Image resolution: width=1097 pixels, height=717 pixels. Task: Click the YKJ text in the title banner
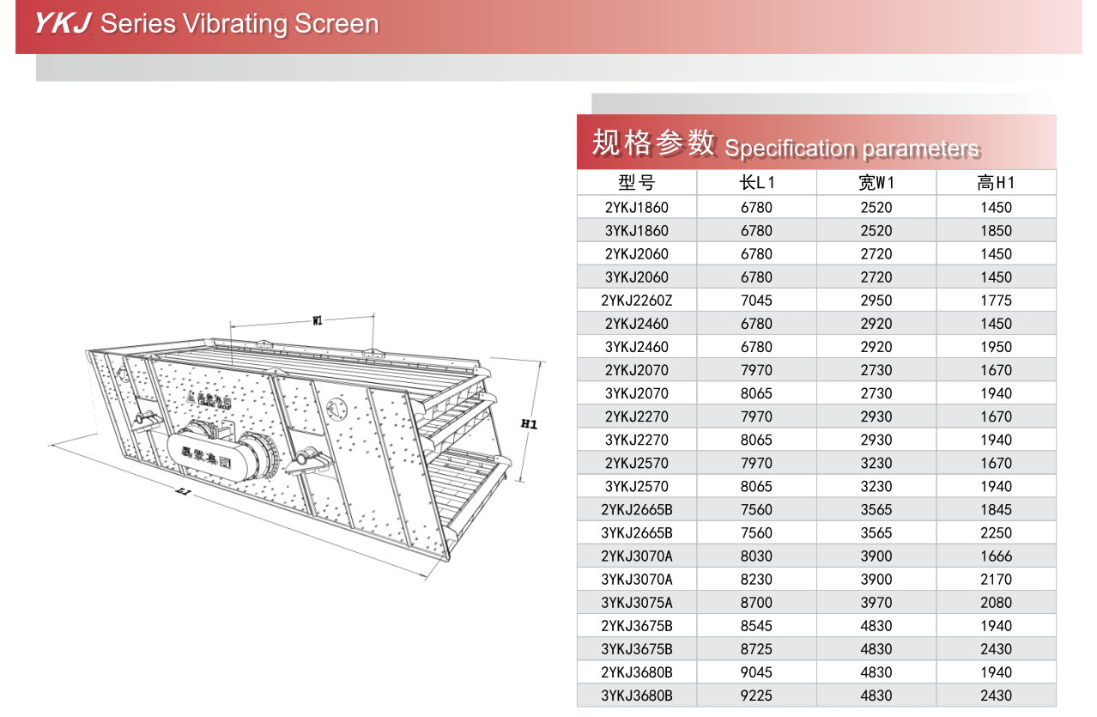pyautogui.click(x=62, y=23)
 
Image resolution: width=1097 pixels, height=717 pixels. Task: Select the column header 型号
pyautogui.click(x=636, y=182)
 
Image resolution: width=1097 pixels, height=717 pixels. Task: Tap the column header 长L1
pyautogui.click(x=756, y=182)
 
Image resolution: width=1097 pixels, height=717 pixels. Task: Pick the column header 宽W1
pyautogui.click(x=876, y=182)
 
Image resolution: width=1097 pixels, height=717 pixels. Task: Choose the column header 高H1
pyautogui.click(x=996, y=182)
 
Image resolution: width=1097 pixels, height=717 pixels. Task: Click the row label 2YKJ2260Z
pyautogui.click(x=636, y=301)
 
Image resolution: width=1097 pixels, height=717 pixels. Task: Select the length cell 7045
pyautogui.click(x=756, y=301)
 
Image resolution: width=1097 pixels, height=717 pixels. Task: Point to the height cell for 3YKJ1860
pyautogui.click(x=996, y=231)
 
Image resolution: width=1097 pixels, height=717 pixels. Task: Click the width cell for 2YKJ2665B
pyautogui.click(x=876, y=509)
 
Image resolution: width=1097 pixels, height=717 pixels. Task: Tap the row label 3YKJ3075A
pyautogui.click(x=636, y=602)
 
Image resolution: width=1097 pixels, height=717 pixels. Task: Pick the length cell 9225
pyautogui.click(x=756, y=696)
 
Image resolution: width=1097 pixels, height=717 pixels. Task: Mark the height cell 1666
pyautogui.click(x=996, y=556)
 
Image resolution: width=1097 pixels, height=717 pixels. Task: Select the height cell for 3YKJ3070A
pyautogui.click(x=996, y=579)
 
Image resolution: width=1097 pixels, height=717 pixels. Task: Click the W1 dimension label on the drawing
pyautogui.click(x=317, y=320)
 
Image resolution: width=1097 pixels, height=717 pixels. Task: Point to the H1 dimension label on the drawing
pyautogui.click(x=529, y=423)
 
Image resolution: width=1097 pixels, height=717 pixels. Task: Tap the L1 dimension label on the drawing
pyautogui.click(x=182, y=492)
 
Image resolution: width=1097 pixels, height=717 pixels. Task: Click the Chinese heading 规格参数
pyautogui.click(x=653, y=143)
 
